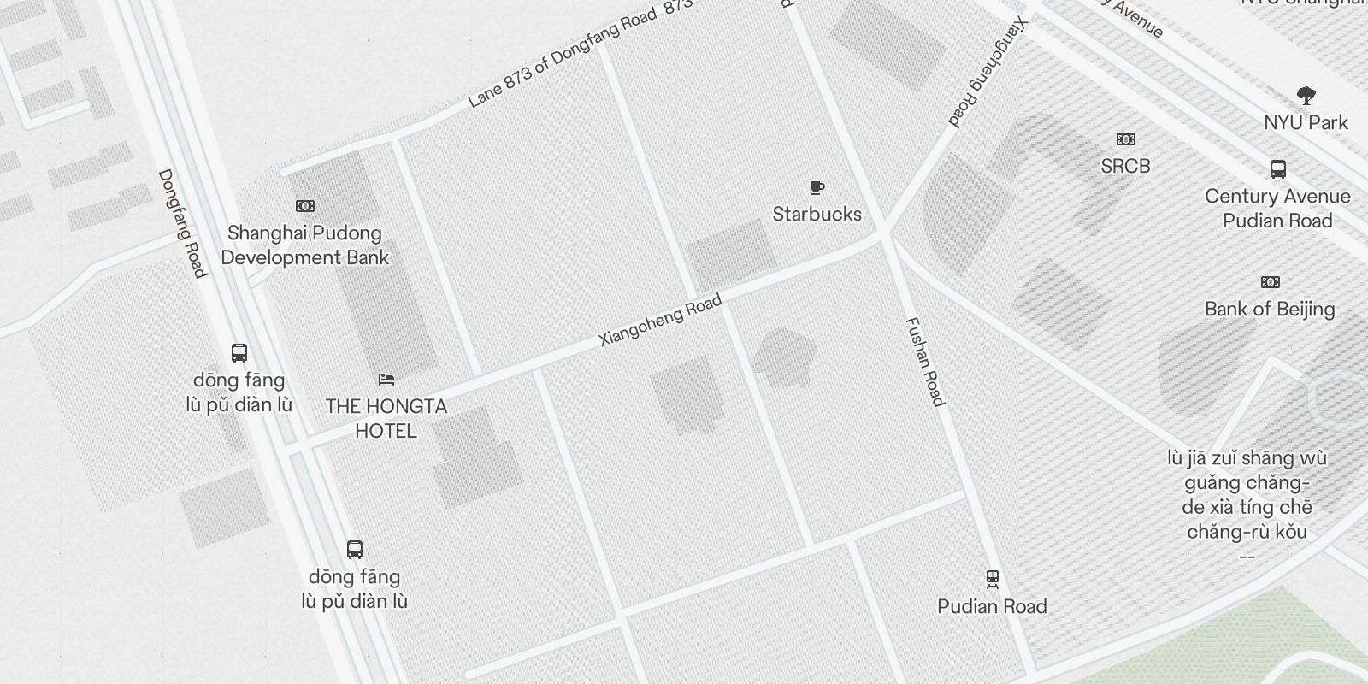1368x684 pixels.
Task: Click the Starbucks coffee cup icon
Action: [817, 187]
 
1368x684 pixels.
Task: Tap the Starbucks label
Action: [817, 214]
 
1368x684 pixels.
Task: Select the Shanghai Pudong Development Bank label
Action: [305, 245]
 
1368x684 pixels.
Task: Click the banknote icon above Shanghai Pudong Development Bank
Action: [305, 206]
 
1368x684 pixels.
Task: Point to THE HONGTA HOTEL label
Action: [386, 418]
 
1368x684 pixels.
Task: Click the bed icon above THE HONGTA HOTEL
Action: [386, 379]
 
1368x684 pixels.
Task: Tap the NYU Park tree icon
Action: [1306, 95]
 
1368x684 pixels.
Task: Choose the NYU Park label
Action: [1306, 122]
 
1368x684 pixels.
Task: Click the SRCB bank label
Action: [1125, 166]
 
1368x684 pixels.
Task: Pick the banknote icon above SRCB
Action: [1125, 139]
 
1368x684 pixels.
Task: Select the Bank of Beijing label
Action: [1270, 309]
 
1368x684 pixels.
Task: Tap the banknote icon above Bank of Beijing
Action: [1271, 282]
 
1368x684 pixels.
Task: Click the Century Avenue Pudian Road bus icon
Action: [1278, 169]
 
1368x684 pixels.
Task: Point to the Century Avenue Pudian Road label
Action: [1277, 209]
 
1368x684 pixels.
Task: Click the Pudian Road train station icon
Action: [992, 580]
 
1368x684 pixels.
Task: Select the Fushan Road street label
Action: [925, 362]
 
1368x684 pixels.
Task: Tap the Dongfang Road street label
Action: [182, 223]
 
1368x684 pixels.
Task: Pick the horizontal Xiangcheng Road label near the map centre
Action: [661, 320]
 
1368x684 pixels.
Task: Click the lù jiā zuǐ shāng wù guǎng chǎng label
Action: [1247, 495]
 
